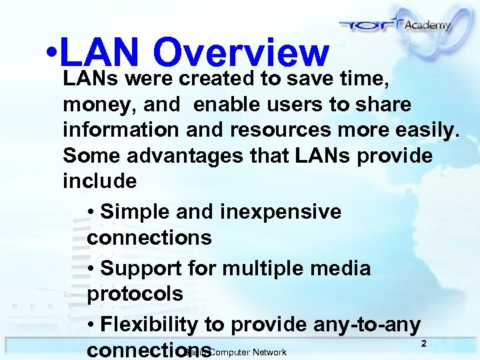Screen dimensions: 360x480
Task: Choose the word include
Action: click(x=99, y=181)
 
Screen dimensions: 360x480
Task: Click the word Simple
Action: click(x=137, y=213)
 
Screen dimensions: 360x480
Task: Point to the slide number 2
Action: click(x=423, y=343)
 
